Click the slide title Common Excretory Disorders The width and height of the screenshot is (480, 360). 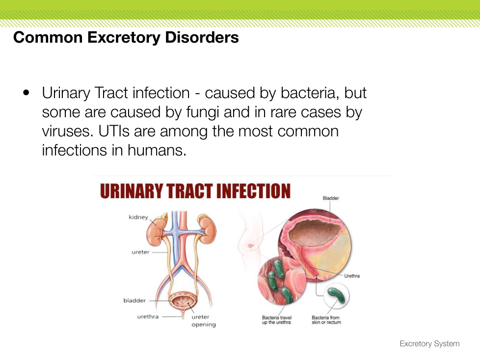coord(126,38)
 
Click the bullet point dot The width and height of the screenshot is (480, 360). coord(27,92)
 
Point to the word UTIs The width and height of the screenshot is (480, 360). coord(114,131)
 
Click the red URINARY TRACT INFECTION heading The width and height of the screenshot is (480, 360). coord(195,191)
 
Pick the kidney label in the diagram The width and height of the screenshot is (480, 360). coord(138,217)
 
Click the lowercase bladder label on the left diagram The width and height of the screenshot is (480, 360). coord(134,300)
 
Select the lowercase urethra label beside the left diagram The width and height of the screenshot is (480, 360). coord(148,316)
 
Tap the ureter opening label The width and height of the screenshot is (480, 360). coord(204,321)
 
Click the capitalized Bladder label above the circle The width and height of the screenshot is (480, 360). coord(331,198)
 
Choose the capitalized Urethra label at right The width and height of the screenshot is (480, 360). coord(352,276)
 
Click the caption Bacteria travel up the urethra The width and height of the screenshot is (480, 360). coord(277,320)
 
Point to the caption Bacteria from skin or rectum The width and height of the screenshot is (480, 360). coord(326,320)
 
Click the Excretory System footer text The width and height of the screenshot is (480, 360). coord(429,343)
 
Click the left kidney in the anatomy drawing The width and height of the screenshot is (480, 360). coord(156,229)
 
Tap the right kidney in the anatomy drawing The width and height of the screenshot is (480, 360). coord(207,229)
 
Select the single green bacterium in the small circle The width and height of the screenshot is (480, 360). coord(336,295)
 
